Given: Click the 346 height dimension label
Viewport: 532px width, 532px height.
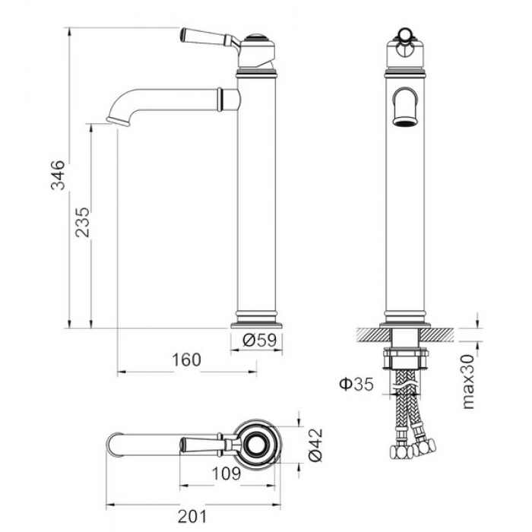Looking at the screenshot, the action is tap(57, 175).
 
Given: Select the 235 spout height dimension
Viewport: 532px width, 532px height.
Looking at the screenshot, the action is tap(82, 222).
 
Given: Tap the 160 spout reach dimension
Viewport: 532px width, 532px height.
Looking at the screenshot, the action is tap(187, 359).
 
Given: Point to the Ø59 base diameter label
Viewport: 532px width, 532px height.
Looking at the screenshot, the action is tap(260, 340).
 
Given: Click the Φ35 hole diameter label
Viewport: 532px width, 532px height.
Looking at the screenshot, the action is tap(356, 384).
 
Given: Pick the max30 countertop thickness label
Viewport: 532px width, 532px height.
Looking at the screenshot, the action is tap(468, 382).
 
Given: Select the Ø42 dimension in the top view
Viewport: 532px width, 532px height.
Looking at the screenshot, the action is tap(316, 445).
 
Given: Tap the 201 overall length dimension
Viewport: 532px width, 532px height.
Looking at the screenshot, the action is tap(192, 517).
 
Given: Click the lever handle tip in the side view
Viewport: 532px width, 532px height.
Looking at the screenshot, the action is tap(182, 34).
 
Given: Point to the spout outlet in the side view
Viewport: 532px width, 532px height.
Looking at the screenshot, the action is tap(118, 122).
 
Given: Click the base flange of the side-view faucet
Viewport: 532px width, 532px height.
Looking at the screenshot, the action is tap(257, 326).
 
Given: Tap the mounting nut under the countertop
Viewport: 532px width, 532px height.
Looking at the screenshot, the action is tap(405, 358).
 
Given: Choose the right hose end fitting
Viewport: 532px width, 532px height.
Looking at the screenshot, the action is tap(424, 447).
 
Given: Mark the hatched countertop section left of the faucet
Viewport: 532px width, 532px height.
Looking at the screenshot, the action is tap(374, 335).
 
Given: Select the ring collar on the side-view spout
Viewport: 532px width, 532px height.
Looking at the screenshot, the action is tap(220, 99).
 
